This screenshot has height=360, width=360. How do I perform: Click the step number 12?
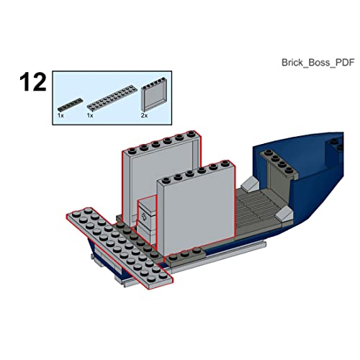coord(33,82)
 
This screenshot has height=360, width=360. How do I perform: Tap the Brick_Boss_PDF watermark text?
coord(318,63)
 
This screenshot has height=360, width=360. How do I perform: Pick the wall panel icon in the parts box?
coord(154,94)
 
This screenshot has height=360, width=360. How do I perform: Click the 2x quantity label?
coord(144,115)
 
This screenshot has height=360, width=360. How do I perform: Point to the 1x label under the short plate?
coord(60,115)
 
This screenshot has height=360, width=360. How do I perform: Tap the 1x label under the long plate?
coord(90,115)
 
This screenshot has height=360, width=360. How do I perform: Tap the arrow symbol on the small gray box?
coord(144,216)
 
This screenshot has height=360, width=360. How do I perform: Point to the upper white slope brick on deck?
coord(250,184)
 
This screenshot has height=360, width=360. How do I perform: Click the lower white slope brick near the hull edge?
coord(284,214)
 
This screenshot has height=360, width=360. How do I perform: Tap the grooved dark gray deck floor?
coord(257,209)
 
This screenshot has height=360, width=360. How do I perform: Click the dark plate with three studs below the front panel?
coord(185,256)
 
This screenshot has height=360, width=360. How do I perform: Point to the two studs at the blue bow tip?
coord(337,144)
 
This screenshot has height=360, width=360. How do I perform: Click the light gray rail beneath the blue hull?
coord(216,258)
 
